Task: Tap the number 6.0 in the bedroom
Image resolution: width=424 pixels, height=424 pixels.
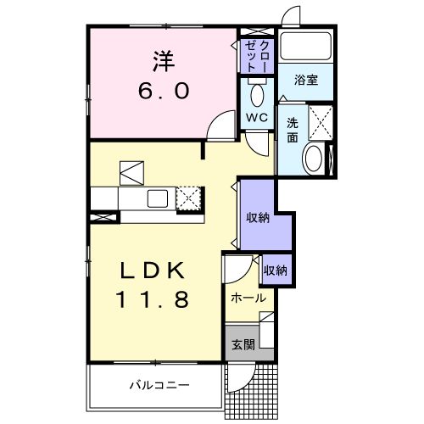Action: click(x=164, y=90)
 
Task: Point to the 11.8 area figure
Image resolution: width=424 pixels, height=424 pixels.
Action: click(x=159, y=300)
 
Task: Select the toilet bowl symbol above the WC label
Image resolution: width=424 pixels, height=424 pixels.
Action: click(x=258, y=92)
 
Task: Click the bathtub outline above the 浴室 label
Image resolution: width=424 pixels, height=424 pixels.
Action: click(x=306, y=49)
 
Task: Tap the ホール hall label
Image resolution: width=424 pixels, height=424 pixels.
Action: click(x=248, y=298)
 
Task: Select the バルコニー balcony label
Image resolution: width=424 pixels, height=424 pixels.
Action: click(x=153, y=386)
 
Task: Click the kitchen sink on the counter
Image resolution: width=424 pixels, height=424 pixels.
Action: click(x=159, y=198)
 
